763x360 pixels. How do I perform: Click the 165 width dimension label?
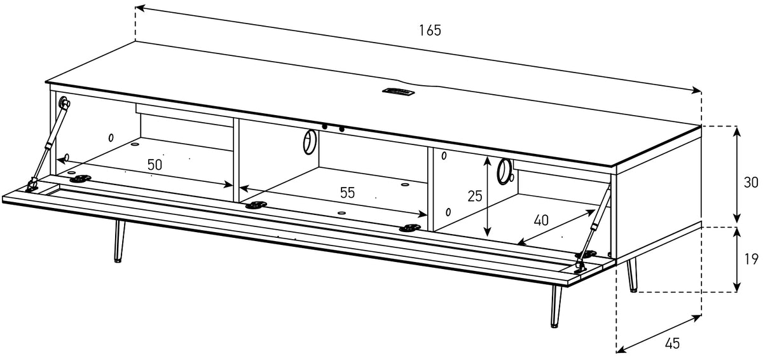(x=430, y=31)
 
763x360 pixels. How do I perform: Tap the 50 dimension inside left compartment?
(x=155, y=165)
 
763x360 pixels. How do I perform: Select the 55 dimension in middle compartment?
(x=347, y=193)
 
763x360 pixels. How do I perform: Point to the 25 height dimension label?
(x=475, y=196)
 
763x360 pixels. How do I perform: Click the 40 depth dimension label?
(x=541, y=220)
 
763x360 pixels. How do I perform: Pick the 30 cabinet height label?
(x=751, y=183)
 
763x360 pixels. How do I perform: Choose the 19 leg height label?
(x=751, y=259)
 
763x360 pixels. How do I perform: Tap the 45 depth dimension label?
(x=673, y=343)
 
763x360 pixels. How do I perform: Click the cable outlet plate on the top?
(x=398, y=91)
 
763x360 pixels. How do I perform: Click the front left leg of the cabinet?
(x=118, y=241)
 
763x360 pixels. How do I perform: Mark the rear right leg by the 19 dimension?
(x=632, y=275)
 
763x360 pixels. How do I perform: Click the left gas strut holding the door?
(x=48, y=146)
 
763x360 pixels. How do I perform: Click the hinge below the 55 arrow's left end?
(x=256, y=205)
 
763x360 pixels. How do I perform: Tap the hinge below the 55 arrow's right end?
(x=409, y=228)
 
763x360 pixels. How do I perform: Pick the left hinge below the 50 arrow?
(x=80, y=179)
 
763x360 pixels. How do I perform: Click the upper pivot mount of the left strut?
(x=64, y=102)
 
